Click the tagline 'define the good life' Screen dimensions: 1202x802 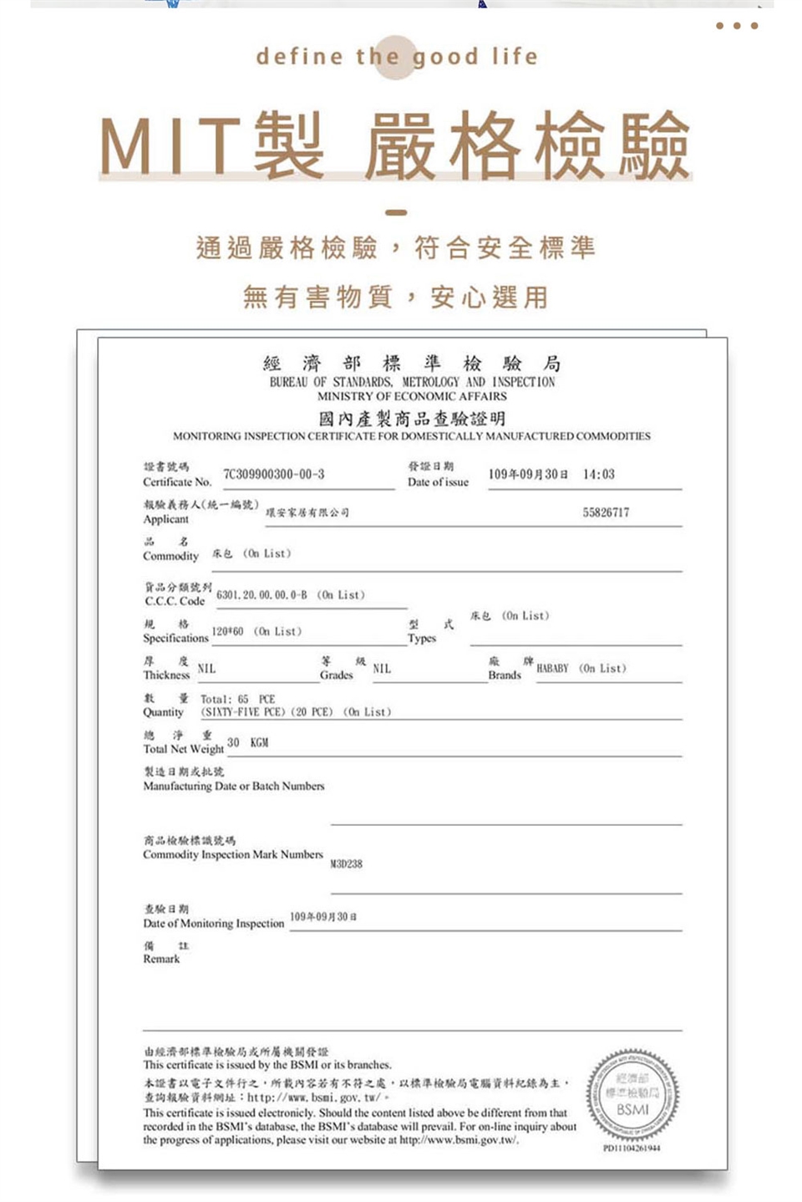pyautogui.click(x=397, y=57)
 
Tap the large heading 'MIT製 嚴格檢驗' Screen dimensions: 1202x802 pyautogui.click(x=394, y=146)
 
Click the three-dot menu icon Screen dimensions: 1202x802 pyautogui.click(x=736, y=26)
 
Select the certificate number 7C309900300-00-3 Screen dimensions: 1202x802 pyautogui.click(x=273, y=474)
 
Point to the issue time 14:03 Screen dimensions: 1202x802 pyautogui.click(x=598, y=474)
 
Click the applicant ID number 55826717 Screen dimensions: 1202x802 pyautogui.click(x=606, y=512)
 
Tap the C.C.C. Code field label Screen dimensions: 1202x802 pyautogui.click(x=175, y=600)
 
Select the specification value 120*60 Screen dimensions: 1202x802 pyautogui.click(x=227, y=631)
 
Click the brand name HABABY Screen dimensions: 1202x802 pyautogui.click(x=552, y=668)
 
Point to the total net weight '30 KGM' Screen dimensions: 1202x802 pyautogui.click(x=247, y=742)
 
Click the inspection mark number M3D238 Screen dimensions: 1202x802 pyautogui.click(x=346, y=863)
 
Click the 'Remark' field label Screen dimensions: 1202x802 pyautogui.click(x=161, y=959)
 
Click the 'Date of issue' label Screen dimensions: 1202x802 pyautogui.click(x=438, y=481)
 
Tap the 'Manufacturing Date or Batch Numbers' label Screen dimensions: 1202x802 pyautogui.click(x=233, y=786)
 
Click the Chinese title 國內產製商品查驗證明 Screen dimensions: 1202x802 pyautogui.click(x=412, y=418)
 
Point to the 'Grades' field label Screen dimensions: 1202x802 pyautogui.click(x=336, y=675)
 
